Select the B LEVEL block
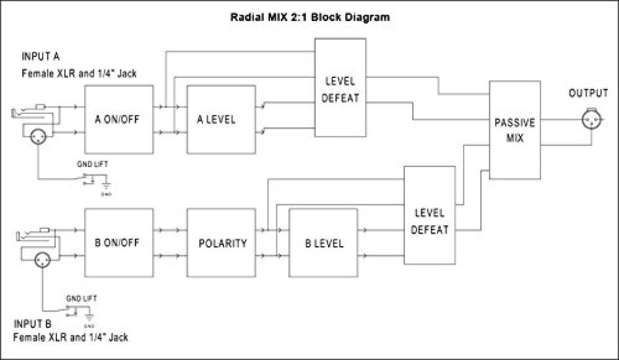pos(324,243)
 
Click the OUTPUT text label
pos(588,94)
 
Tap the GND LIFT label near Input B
pos(82,298)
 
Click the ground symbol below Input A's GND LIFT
pos(105,188)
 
